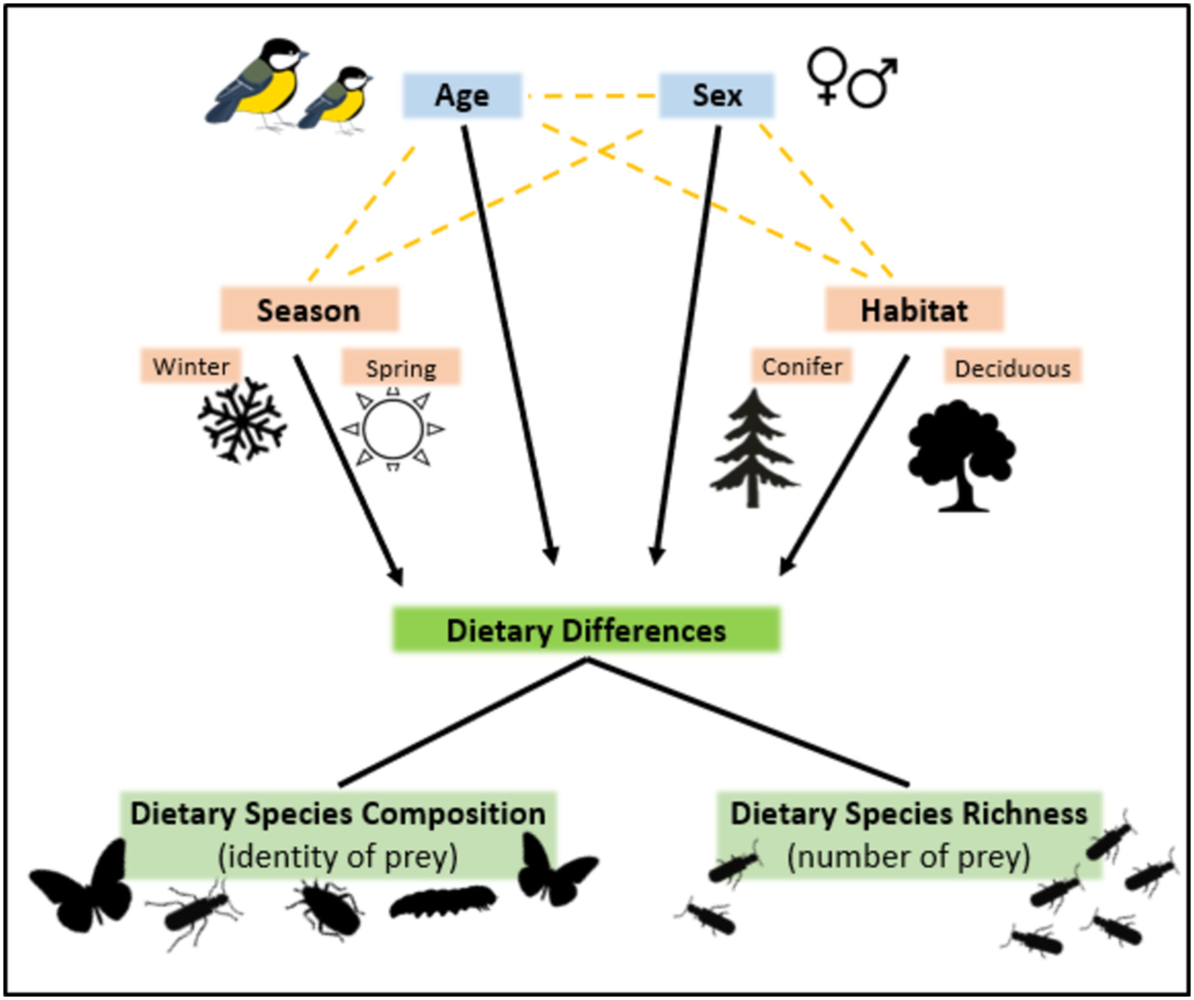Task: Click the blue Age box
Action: tap(462, 96)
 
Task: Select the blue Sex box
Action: tap(716, 96)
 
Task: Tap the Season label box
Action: tap(309, 310)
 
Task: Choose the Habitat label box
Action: tap(914, 310)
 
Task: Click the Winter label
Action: tap(191, 366)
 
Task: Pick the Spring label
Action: tap(401, 367)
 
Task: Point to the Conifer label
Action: tap(801, 366)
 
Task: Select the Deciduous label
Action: tap(1013, 367)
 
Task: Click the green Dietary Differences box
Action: tap(586, 630)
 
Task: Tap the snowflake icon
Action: tap(242, 420)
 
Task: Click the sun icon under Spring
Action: tap(393, 429)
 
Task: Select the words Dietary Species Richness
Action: tap(909, 814)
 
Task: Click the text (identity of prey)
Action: tap(338, 857)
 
